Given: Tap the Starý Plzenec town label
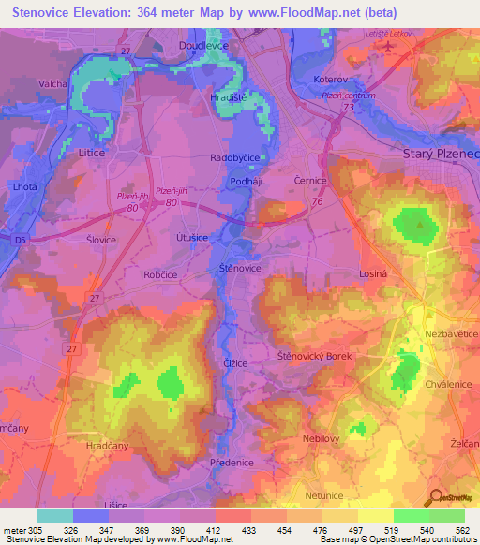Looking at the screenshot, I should pos(441,154).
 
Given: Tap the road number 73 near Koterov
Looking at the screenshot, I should pos(348,109).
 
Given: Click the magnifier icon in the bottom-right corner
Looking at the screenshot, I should pos(434,499).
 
